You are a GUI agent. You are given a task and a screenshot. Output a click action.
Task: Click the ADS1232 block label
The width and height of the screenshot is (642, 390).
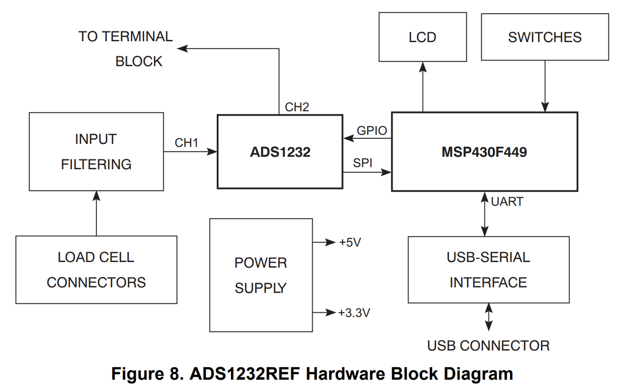coord(280,152)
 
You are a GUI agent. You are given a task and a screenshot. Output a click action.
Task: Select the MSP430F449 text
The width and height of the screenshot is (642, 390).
coord(484,152)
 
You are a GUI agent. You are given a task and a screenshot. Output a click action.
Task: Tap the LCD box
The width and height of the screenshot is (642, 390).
coord(423,37)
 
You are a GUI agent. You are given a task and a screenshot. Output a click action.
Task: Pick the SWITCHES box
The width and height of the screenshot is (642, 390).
coord(545,37)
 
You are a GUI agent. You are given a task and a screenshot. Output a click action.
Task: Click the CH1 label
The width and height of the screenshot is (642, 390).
coord(186,143)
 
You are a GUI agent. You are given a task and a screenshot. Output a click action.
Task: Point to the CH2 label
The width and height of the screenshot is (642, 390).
coord(297,107)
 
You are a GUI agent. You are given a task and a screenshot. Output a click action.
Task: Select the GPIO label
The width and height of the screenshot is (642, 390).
coord(372,131)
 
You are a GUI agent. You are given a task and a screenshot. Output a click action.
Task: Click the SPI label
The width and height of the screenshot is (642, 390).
coord(362,163)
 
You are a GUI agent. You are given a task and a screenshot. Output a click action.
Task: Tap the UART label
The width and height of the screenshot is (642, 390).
coord(507,202)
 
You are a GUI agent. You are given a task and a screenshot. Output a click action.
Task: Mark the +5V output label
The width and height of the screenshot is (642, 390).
coord(350,242)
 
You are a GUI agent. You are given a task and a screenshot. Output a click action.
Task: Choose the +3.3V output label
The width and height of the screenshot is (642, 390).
coord(354,313)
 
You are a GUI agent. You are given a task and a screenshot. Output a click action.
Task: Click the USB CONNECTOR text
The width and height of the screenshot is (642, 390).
coord(488,346)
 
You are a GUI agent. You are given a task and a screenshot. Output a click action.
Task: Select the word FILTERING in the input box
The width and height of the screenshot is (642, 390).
coord(96,165)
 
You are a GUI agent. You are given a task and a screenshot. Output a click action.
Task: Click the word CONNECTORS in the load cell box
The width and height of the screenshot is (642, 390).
coord(96,283)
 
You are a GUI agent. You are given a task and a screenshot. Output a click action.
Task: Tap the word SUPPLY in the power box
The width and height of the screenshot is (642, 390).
coord(261,288)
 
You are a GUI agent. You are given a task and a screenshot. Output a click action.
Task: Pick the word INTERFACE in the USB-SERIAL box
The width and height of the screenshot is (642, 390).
coord(488,283)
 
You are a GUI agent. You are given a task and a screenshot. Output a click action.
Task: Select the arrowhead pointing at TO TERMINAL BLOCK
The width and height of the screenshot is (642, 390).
coord(182,49)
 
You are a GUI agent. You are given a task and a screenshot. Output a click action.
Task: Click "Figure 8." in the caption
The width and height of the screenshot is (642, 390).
coord(147,374)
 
